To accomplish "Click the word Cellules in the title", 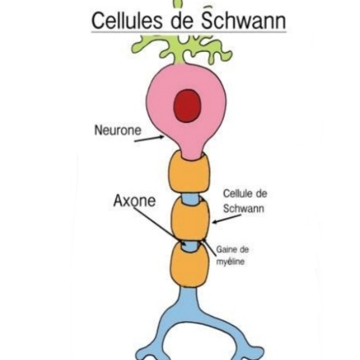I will pyautogui.click(x=127, y=21).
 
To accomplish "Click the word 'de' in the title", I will pyautogui.click(x=182, y=21).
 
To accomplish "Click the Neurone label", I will pyautogui.click(x=118, y=130).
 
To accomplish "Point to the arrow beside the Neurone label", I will pyautogui.click(x=149, y=139).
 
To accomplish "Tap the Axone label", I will pyautogui.click(x=134, y=201).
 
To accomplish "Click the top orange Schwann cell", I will pyautogui.click(x=189, y=173).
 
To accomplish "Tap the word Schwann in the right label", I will pyautogui.click(x=243, y=209).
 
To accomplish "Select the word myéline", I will pyautogui.click(x=230, y=261).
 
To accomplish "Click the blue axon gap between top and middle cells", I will pyautogui.click(x=191, y=198).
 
